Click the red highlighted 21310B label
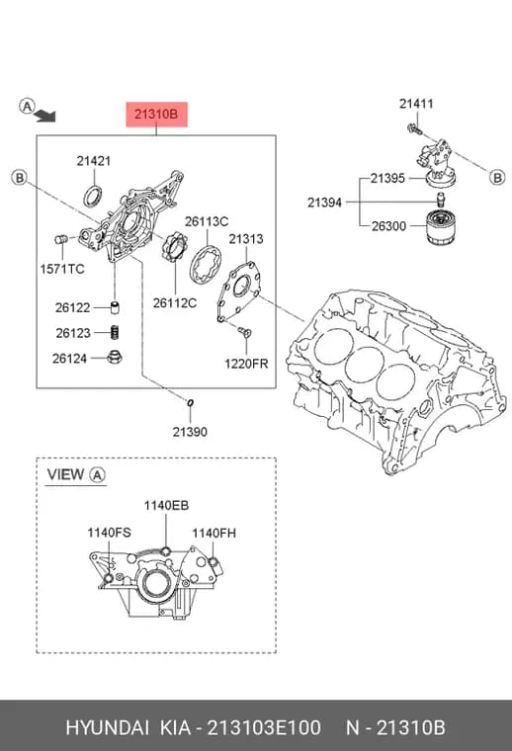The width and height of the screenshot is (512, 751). click(x=156, y=115)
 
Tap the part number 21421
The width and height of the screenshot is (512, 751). click(x=94, y=161)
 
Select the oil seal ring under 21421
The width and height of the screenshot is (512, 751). click(x=93, y=197)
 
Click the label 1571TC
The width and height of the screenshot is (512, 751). click(x=62, y=269)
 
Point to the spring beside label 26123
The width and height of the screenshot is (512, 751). click(x=115, y=331)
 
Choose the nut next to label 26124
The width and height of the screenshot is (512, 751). click(x=115, y=357)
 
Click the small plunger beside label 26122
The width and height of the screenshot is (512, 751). click(x=115, y=307)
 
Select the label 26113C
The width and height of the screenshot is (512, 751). click(x=207, y=221)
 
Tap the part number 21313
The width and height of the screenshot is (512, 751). click(x=246, y=238)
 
